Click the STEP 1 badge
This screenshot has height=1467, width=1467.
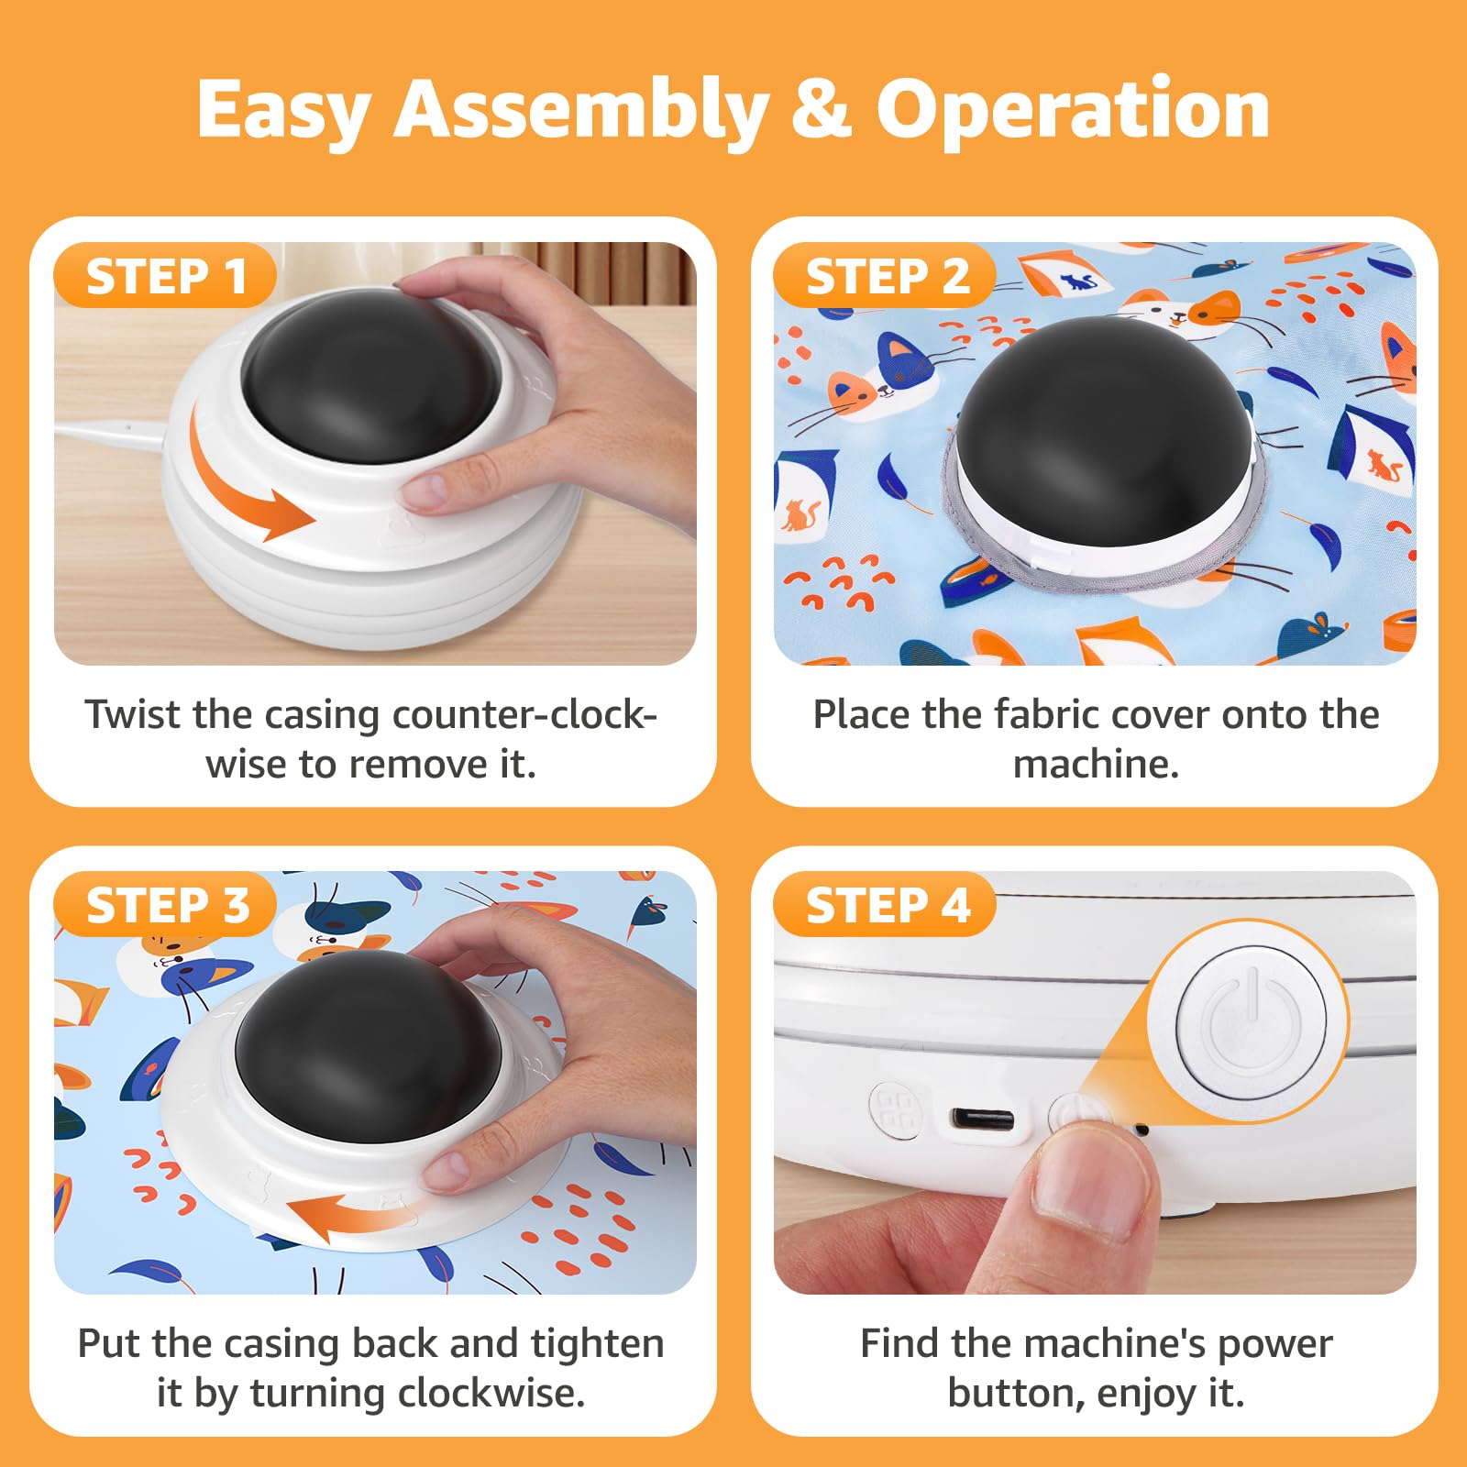tap(165, 276)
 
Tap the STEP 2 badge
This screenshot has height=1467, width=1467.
tap(886, 276)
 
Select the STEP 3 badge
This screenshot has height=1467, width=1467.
tap(166, 905)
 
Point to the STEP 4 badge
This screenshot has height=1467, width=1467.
tap(887, 905)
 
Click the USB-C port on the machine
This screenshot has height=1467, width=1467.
tap(982, 1119)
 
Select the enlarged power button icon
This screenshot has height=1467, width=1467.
tap(1249, 1020)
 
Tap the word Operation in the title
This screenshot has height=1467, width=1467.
tap(1073, 110)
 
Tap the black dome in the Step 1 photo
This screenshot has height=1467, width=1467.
tap(371, 376)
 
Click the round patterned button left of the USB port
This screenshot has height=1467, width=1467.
tap(895, 1110)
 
